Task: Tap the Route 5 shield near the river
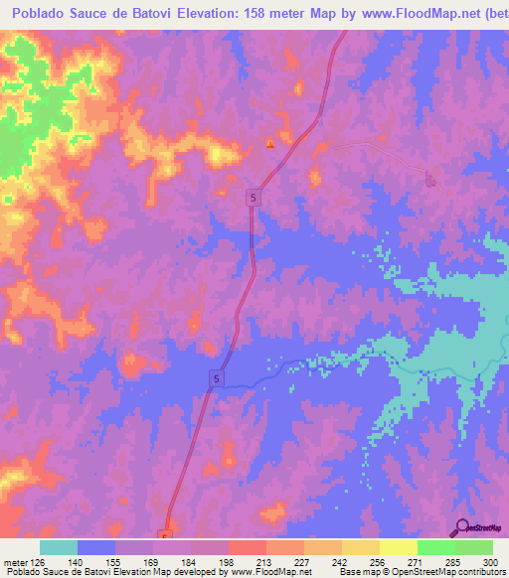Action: click(x=216, y=378)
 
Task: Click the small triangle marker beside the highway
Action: click(x=269, y=143)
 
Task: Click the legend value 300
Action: click(x=491, y=561)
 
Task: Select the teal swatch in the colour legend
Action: click(x=59, y=547)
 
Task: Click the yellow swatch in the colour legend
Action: click(x=399, y=547)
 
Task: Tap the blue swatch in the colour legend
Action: click(x=96, y=547)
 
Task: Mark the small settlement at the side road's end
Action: click(x=430, y=179)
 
